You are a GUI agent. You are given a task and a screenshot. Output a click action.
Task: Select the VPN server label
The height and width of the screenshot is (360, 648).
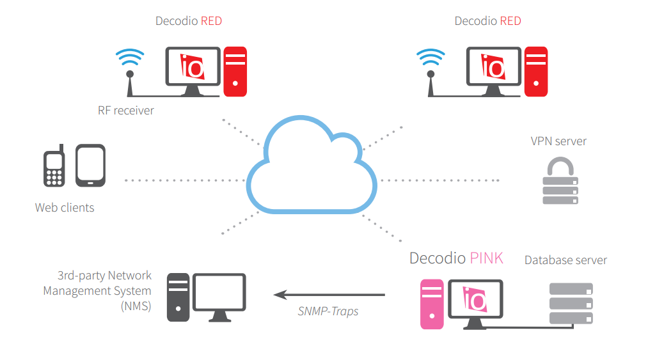coord(558,141)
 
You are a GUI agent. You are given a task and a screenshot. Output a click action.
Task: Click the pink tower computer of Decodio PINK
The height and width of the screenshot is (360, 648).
coord(432,304)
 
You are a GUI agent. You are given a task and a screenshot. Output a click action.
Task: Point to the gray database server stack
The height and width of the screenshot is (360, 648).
coord(571,303)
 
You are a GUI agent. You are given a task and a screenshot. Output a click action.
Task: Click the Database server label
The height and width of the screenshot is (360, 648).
coord(565,260)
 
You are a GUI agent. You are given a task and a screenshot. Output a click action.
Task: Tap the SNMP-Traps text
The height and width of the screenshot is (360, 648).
coord(328,311)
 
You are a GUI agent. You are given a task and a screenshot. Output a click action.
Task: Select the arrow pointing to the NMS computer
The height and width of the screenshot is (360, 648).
coord(329,295)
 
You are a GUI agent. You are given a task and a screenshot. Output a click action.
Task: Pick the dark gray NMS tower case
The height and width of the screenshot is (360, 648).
coord(178,297)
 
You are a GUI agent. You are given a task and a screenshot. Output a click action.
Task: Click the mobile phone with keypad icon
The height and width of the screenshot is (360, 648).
coord(54,168)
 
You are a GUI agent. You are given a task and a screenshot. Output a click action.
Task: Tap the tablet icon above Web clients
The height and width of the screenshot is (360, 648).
coord(90,166)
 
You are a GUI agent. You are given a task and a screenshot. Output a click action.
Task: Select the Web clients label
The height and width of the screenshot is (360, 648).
coord(65,207)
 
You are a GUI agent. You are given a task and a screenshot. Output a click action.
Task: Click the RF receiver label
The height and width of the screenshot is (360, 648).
coord(126,111)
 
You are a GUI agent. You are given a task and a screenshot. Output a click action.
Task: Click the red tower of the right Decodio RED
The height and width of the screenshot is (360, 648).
coord(536,71)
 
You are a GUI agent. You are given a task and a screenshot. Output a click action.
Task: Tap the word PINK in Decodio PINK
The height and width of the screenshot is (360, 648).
coord(486,258)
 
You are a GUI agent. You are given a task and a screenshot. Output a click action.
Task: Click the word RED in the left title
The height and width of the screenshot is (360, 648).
coord(211,21)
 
